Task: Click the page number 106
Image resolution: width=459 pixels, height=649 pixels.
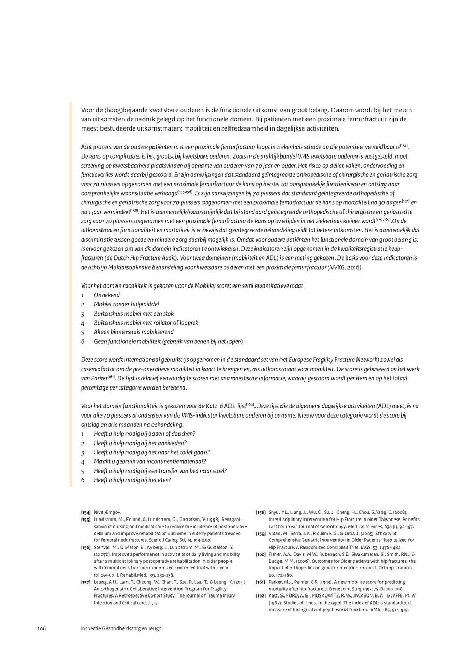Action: click(41, 628)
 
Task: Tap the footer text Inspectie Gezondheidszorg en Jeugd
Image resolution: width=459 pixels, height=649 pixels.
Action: click(121, 628)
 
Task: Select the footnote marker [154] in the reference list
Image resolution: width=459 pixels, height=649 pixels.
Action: click(86, 512)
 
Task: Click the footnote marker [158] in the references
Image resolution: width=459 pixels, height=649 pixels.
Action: click(260, 512)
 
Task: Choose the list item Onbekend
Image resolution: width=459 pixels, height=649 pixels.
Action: click(107, 295)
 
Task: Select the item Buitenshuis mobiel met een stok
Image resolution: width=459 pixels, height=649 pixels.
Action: click(134, 313)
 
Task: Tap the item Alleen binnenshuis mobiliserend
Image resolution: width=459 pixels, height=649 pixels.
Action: click(134, 332)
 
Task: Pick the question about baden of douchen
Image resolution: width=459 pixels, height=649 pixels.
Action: click(145, 434)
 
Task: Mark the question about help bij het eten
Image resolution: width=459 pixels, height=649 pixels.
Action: click(133, 480)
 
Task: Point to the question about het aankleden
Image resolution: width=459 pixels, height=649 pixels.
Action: click(140, 443)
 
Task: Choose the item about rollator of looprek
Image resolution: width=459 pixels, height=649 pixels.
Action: click(146, 323)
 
